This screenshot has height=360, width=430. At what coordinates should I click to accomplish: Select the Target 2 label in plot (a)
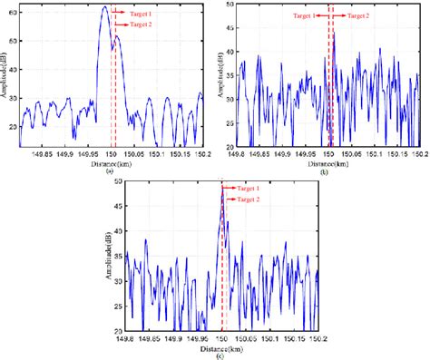coord(140,25)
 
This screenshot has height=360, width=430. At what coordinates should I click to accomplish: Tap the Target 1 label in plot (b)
coord(304,16)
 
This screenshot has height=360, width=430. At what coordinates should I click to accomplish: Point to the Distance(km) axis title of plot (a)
coord(109,162)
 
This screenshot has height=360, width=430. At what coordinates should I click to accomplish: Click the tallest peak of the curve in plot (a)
coord(104,7)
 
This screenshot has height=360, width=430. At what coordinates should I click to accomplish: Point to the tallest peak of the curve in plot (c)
coord(222,188)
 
